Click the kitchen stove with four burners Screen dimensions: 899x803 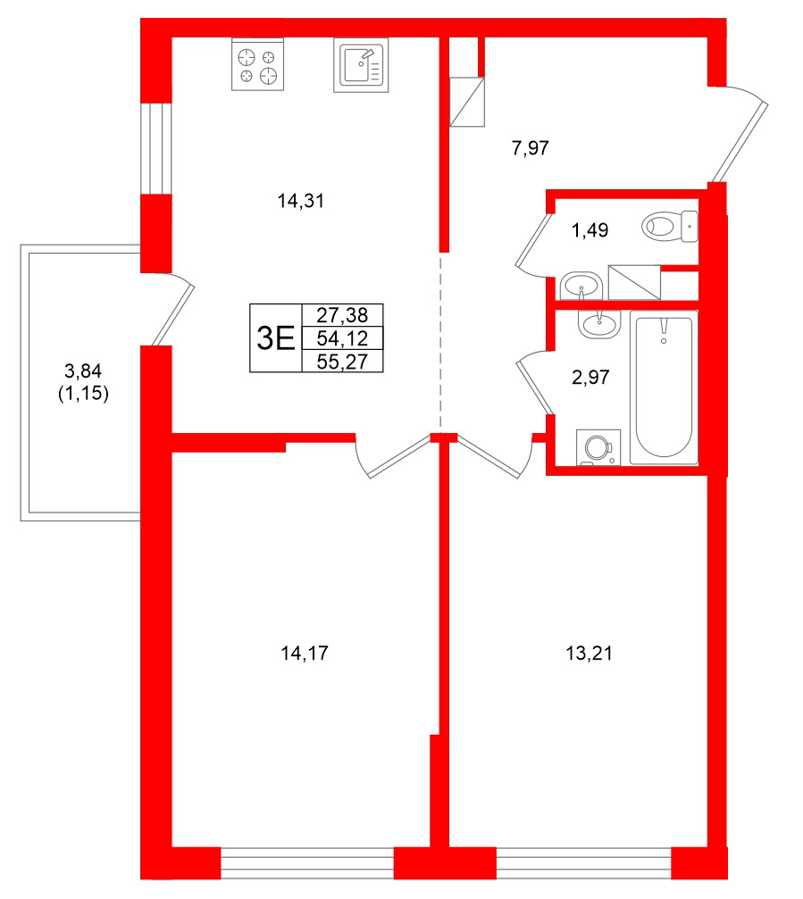click(258, 66)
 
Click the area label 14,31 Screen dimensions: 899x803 click(300, 202)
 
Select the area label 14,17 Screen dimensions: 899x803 click(305, 653)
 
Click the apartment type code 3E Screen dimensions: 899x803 click(275, 337)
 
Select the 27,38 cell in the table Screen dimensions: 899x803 click(343, 315)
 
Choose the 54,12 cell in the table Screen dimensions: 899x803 click(343, 337)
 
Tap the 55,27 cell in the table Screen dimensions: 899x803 click(343, 360)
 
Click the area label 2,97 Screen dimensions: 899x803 click(590, 378)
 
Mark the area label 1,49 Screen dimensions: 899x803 click(590, 231)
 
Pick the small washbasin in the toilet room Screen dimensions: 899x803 click(581, 286)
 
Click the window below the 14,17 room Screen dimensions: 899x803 click(307, 863)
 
